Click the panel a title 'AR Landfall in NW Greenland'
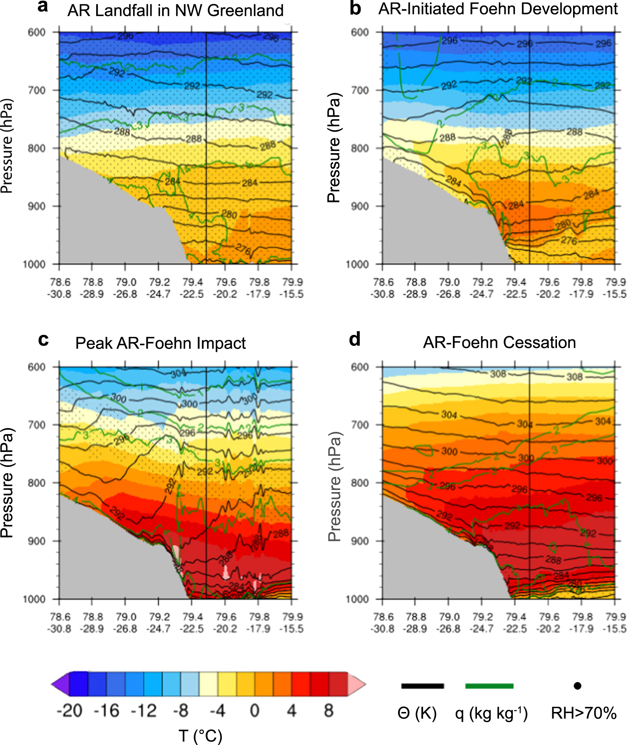(x=175, y=10)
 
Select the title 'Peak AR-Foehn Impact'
(x=160, y=343)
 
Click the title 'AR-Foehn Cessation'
(x=499, y=343)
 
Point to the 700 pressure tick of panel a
(x=37, y=90)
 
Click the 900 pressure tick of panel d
(x=360, y=541)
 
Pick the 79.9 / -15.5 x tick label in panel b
(x=615, y=288)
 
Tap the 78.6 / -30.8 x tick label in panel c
(x=60, y=623)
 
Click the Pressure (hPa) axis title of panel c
(x=7, y=483)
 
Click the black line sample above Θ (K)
(x=422, y=686)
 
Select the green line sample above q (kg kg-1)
(x=489, y=686)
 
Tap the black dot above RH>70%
(x=577, y=686)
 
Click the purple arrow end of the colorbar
(x=60, y=684)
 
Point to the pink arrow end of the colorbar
(x=357, y=684)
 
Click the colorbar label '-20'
(x=69, y=711)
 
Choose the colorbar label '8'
(x=328, y=711)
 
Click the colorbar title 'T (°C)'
(x=200, y=736)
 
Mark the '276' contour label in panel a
(x=243, y=249)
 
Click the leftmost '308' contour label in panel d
(x=498, y=374)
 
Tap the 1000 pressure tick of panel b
(x=357, y=264)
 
